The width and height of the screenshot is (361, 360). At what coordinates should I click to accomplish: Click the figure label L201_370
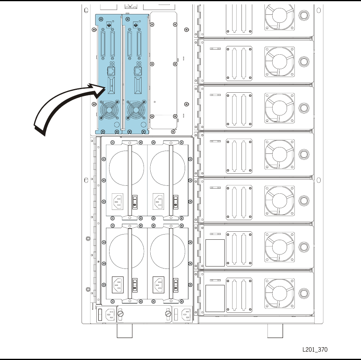tap(315, 350)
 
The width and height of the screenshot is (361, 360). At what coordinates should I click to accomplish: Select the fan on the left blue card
tap(107, 109)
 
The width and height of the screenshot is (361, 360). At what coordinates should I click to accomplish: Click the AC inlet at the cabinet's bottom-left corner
tap(110, 314)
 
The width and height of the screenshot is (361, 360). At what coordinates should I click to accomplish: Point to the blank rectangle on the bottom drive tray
tap(215, 298)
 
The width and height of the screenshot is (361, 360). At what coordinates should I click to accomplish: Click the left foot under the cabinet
tap(124, 330)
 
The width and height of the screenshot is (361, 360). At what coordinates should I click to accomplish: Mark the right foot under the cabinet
tap(275, 330)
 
